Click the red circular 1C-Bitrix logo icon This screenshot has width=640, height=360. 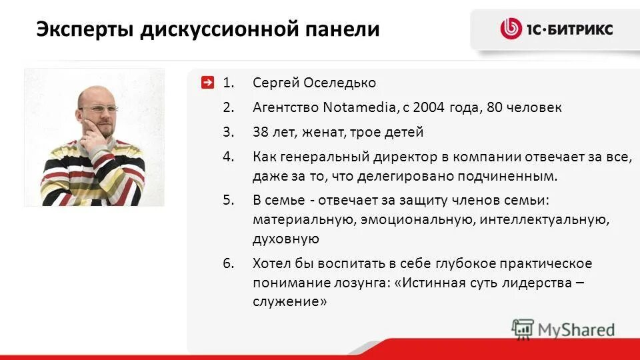coord(511,29)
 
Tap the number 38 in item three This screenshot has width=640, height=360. coord(261,132)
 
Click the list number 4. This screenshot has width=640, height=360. coord(228,157)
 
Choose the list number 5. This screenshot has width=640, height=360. coord(228,199)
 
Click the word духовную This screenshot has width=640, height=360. coord(285,239)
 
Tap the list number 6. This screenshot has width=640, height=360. coord(228,263)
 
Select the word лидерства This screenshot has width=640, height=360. coord(538,282)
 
